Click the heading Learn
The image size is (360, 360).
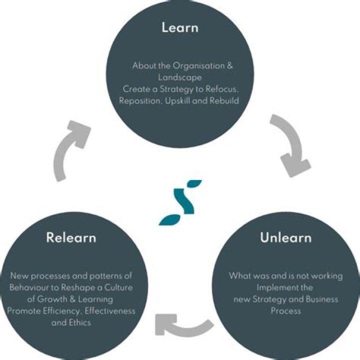(179, 27)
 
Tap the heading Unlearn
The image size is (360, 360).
(285, 237)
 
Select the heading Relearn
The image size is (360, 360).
(71, 237)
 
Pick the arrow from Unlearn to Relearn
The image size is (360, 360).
(182, 325)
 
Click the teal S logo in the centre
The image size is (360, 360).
(180, 202)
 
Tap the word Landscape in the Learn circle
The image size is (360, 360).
(179, 77)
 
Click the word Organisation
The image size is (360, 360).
(192, 65)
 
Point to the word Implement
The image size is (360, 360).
(278, 287)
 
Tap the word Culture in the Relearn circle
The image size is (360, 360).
(120, 287)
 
